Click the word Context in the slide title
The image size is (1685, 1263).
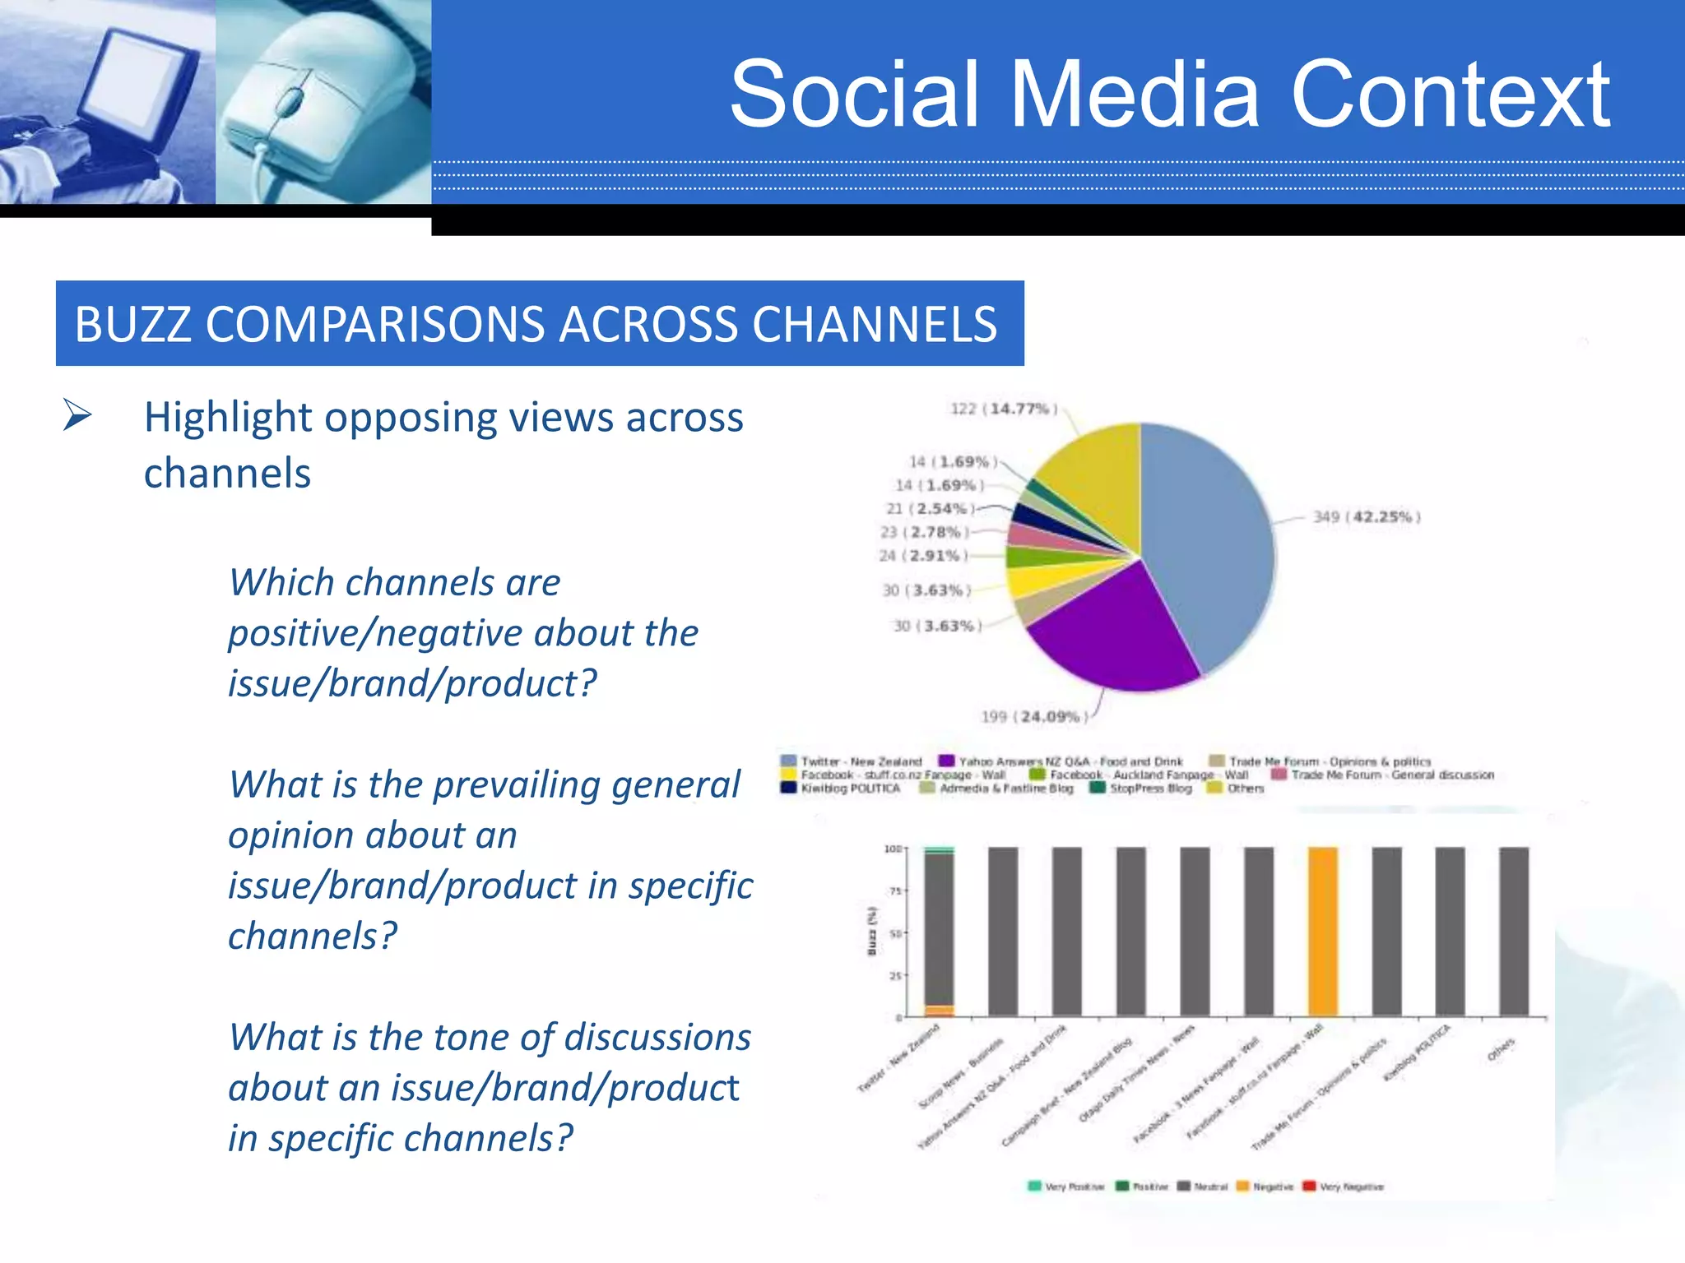coord(1450,95)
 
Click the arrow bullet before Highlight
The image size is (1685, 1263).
coord(77,414)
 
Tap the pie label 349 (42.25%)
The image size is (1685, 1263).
coord(1366,517)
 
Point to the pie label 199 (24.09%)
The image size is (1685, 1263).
coord(1033,717)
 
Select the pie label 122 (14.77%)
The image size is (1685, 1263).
coord(1004,409)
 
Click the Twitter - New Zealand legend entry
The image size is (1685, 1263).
coord(852,761)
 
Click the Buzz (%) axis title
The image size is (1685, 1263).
coord(872,931)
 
